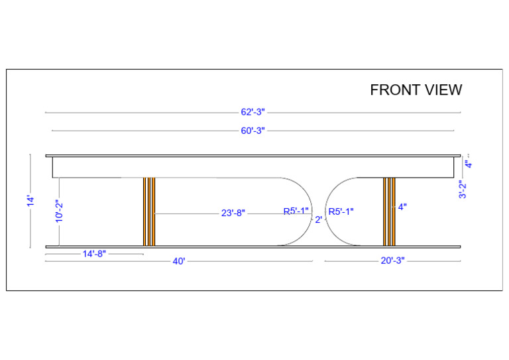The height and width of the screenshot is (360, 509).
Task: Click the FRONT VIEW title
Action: tap(416, 90)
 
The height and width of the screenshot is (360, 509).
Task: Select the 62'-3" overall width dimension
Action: tap(253, 112)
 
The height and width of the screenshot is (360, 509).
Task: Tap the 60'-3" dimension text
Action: tap(253, 131)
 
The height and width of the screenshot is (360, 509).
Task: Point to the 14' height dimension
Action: tap(30, 201)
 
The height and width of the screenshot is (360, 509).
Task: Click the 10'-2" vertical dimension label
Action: tap(59, 211)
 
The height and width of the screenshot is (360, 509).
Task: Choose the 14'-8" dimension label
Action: tap(94, 254)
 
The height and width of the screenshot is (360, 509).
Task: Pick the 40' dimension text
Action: tap(179, 261)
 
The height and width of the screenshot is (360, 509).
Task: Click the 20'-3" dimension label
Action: tap(393, 261)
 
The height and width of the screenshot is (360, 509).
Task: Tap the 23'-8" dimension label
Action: tap(233, 213)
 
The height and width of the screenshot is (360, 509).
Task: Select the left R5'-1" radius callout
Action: tap(296, 211)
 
